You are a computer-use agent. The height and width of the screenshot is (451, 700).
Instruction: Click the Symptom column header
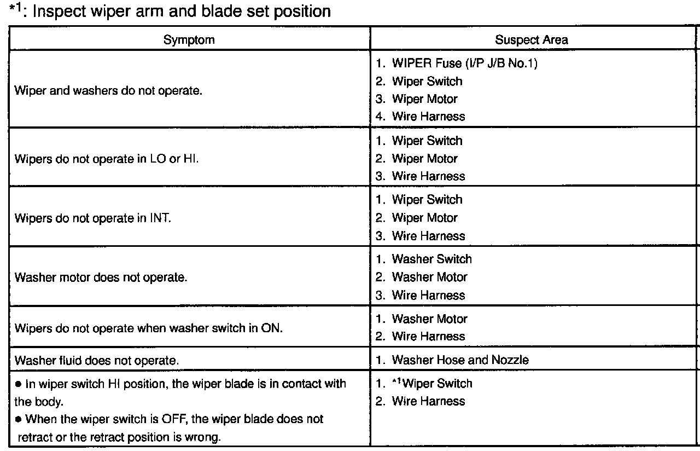pyautogui.click(x=189, y=39)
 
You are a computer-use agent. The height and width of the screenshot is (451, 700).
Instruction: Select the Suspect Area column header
pyautogui.click(x=531, y=39)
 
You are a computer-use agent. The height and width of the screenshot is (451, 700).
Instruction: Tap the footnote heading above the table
pyautogui.click(x=170, y=11)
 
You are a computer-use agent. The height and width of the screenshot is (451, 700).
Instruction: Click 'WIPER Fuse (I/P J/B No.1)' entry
pyautogui.click(x=464, y=63)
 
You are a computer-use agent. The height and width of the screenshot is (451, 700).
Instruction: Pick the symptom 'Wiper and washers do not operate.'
pyautogui.click(x=108, y=90)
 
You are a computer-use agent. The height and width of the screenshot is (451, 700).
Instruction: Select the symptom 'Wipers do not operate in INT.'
pyautogui.click(x=93, y=218)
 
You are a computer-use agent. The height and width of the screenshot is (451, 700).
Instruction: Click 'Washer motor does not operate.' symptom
pyautogui.click(x=101, y=277)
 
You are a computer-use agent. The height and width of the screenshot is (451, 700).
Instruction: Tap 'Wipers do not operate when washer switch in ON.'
pyautogui.click(x=149, y=328)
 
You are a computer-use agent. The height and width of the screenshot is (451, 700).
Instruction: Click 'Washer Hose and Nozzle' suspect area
pyautogui.click(x=460, y=360)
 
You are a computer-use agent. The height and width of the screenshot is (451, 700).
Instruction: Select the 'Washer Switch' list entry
pyautogui.click(x=431, y=259)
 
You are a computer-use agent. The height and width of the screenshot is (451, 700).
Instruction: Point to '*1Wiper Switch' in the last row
pyautogui.click(x=431, y=384)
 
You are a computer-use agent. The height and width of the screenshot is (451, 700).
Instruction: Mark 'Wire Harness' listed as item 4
pyautogui.click(x=428, y=117)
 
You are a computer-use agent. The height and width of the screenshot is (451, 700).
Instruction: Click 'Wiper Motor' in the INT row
pyautogui.click(x=424, y=218)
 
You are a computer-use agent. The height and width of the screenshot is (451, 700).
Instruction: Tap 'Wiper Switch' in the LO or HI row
pyautogui.click(x=427, y=141)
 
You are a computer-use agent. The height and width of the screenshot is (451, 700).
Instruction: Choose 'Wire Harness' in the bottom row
pyautogui.click(x=428, y=401)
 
